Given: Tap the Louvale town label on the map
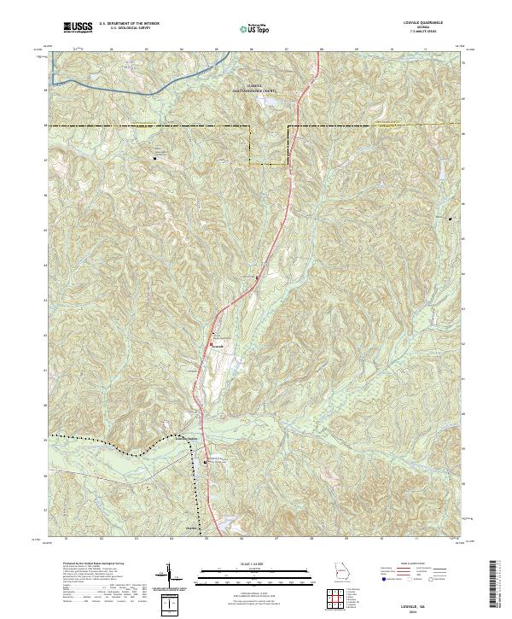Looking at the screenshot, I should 218,347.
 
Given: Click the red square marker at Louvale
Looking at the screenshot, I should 212,345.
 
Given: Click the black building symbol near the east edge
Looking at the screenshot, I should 451,219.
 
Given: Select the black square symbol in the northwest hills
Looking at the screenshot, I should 155,158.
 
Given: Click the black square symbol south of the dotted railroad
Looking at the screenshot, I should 205,462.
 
